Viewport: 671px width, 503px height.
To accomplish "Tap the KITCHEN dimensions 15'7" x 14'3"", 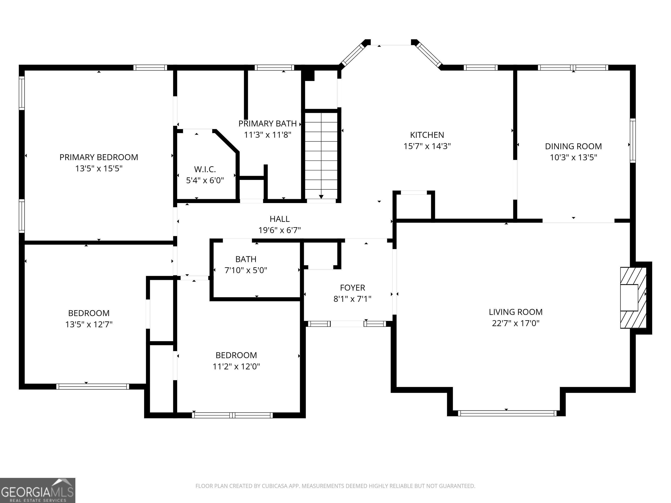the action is [x=427, y=146].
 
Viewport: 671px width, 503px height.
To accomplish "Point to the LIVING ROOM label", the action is [x=516, y=312].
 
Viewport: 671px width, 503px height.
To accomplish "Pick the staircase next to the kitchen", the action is [x=321, y=155].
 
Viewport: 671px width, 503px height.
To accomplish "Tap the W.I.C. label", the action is [x=205, y=169].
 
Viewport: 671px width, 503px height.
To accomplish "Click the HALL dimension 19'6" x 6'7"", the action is [x=279, y=230].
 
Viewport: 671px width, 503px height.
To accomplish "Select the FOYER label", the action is [x=353, y=288].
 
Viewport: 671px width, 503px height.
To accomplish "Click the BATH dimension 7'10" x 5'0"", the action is [x=246, y=270].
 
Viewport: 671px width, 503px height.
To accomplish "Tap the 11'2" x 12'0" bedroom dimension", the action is [x=236, y=367].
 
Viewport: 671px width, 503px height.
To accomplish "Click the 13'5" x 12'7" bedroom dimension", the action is [x=89, y=324].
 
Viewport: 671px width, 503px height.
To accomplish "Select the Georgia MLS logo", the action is [x=38, y=490].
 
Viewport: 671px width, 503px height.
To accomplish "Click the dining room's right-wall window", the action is [x=633, y=140].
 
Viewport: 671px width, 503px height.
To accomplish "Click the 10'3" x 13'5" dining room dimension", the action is [x=573, y=157].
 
